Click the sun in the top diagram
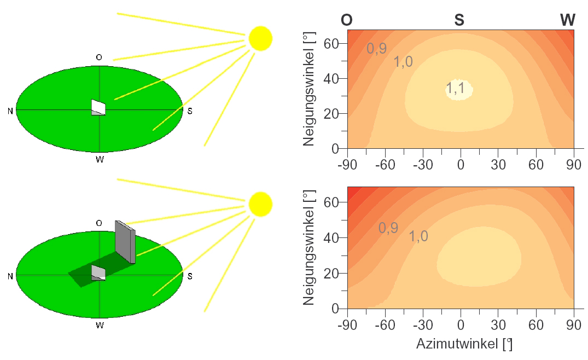(260, 38)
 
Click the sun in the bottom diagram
(260, 204)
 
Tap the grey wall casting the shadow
(125, 241)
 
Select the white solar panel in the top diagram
(98, 107)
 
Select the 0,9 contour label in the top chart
(377, 49)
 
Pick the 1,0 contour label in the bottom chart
(418, 236)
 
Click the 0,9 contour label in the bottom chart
(388, 228)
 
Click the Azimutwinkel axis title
(464, 345)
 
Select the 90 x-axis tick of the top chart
(573, 163)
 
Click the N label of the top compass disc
(10, 111)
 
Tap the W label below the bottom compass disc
(100, 326)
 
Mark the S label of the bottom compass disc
(190, 276)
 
